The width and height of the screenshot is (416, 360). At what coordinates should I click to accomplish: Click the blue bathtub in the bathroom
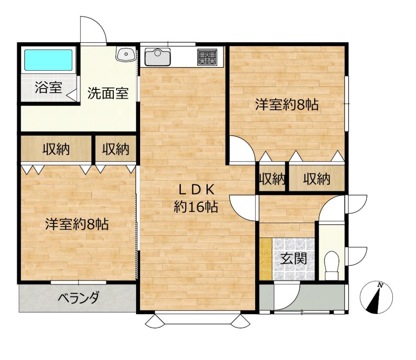coord(48,60)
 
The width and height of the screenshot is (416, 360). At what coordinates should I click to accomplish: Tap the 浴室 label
coord(48,88)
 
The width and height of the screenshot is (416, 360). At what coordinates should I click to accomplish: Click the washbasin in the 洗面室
coord(126,54)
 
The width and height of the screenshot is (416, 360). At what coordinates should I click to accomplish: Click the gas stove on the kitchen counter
coord(208,57)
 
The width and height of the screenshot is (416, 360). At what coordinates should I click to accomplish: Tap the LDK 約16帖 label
coord(196,199)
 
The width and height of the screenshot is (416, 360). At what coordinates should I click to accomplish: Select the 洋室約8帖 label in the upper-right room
coord(286,105)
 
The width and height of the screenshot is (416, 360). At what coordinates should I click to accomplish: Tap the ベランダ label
coord(78,299)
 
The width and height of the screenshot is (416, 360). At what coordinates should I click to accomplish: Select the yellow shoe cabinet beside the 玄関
coord(266,258)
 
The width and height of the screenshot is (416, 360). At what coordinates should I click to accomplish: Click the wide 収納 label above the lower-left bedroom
coord(56,150)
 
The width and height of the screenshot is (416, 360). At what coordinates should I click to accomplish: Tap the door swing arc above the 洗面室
coord(94,28)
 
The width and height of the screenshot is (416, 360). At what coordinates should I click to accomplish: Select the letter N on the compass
coord(380,285)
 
